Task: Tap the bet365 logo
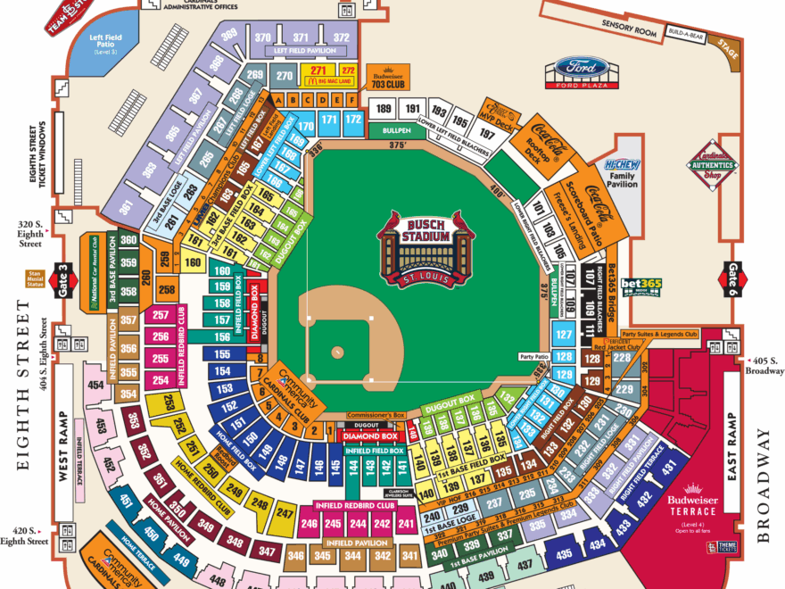[x=648, y=285]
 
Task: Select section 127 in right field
[x=563, y=336]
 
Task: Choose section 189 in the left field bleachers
[x=384, y=109]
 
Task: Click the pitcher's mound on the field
[x=338, y=352]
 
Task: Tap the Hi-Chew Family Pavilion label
[x=622, y=171]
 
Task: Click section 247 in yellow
[x=285, y=512]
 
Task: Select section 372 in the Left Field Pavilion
[x=341, y=37]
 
